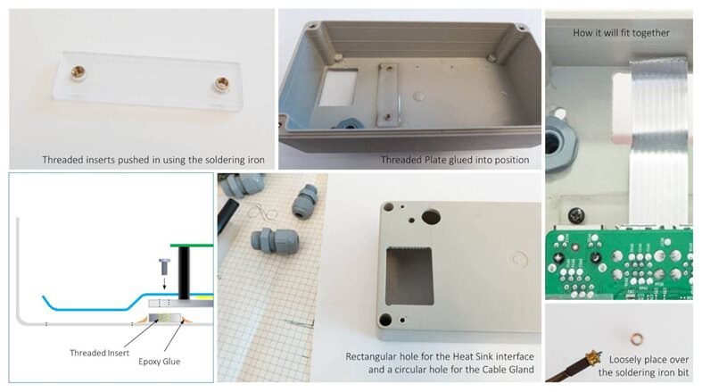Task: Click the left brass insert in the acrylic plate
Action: pos(78,71)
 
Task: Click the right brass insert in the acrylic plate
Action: pos(221,83)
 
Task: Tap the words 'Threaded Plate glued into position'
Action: pos(455,160)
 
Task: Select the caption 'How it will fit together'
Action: pos(621,33)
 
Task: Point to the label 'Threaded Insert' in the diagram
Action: pos(99,353)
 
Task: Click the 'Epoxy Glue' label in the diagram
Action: pos(159,362)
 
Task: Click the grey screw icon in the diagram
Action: pos(164,267)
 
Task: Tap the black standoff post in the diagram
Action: pos(184,273)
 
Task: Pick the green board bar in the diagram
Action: pos(192,245)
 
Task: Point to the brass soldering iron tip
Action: pos(592,357)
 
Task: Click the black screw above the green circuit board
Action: pos(575,216)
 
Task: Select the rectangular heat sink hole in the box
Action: pos(409,276)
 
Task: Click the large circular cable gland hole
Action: pos(431,217)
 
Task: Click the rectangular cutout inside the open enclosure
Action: pos(338,88)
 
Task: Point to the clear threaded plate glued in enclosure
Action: pos(388,94)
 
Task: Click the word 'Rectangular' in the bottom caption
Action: pos(371,356)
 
